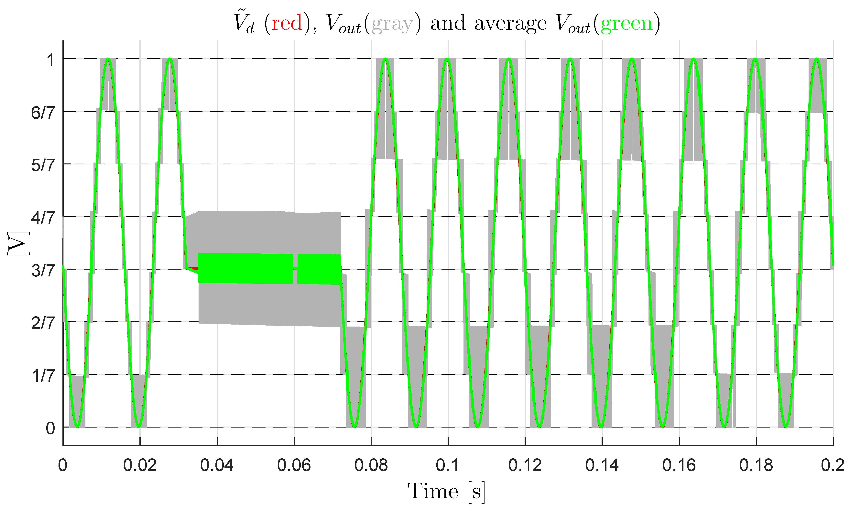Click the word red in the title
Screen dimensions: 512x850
[287, 23]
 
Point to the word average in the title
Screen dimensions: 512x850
[510, 24]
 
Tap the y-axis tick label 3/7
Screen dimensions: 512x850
[43, 271]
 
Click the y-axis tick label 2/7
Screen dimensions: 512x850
[43, 323]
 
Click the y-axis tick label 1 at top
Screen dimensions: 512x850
[50, 60]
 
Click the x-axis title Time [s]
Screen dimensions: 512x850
[447, 491]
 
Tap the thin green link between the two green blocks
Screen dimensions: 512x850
[295, 268]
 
